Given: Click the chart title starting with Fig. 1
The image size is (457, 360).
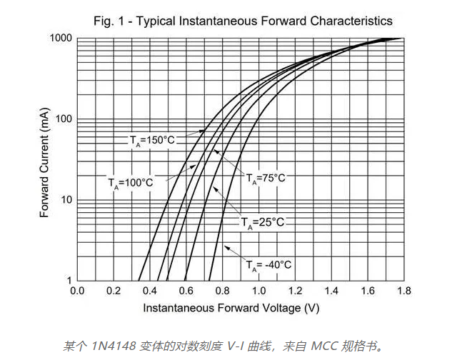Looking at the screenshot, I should click(x=243, y=21).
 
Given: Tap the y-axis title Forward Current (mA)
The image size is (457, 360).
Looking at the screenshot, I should click(x=44, y=159).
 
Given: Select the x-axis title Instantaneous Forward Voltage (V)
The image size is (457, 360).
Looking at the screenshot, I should click(x=231, y=309).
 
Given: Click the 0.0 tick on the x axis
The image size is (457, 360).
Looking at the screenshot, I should click(x=77, y=291).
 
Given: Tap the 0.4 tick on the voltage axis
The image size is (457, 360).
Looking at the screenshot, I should click(x=149, y=291).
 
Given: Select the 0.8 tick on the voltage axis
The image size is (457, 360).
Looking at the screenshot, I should click(x=222, y=291).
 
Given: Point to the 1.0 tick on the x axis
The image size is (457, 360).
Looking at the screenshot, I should click(x=258, y=291).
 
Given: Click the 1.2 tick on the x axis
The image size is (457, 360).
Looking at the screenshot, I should click(x=295, y=291).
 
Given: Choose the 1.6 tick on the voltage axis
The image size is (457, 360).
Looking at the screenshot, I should click(x=368, y=291).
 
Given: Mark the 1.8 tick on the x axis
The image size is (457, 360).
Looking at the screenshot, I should click(x=403, y=291).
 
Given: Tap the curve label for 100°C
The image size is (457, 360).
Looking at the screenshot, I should click(x=131, y=183).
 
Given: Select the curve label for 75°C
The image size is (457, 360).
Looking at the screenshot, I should click(x=266, y=179).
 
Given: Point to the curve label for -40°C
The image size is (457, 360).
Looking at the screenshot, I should click(x=268, y=265).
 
